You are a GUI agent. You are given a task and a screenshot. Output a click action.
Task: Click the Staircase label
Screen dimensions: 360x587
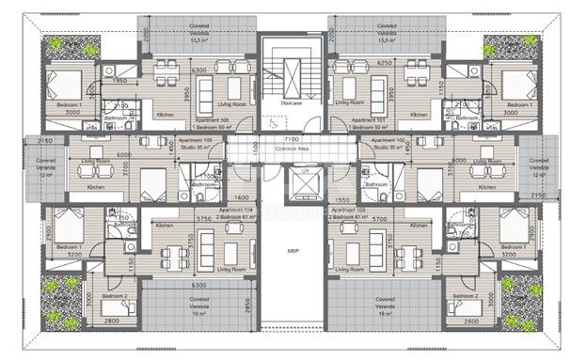click(292, 103)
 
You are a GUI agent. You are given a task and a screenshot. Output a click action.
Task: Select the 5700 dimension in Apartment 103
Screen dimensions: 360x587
click(377, 218)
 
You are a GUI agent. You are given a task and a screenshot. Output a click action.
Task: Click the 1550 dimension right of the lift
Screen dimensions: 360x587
click(343, 199)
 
